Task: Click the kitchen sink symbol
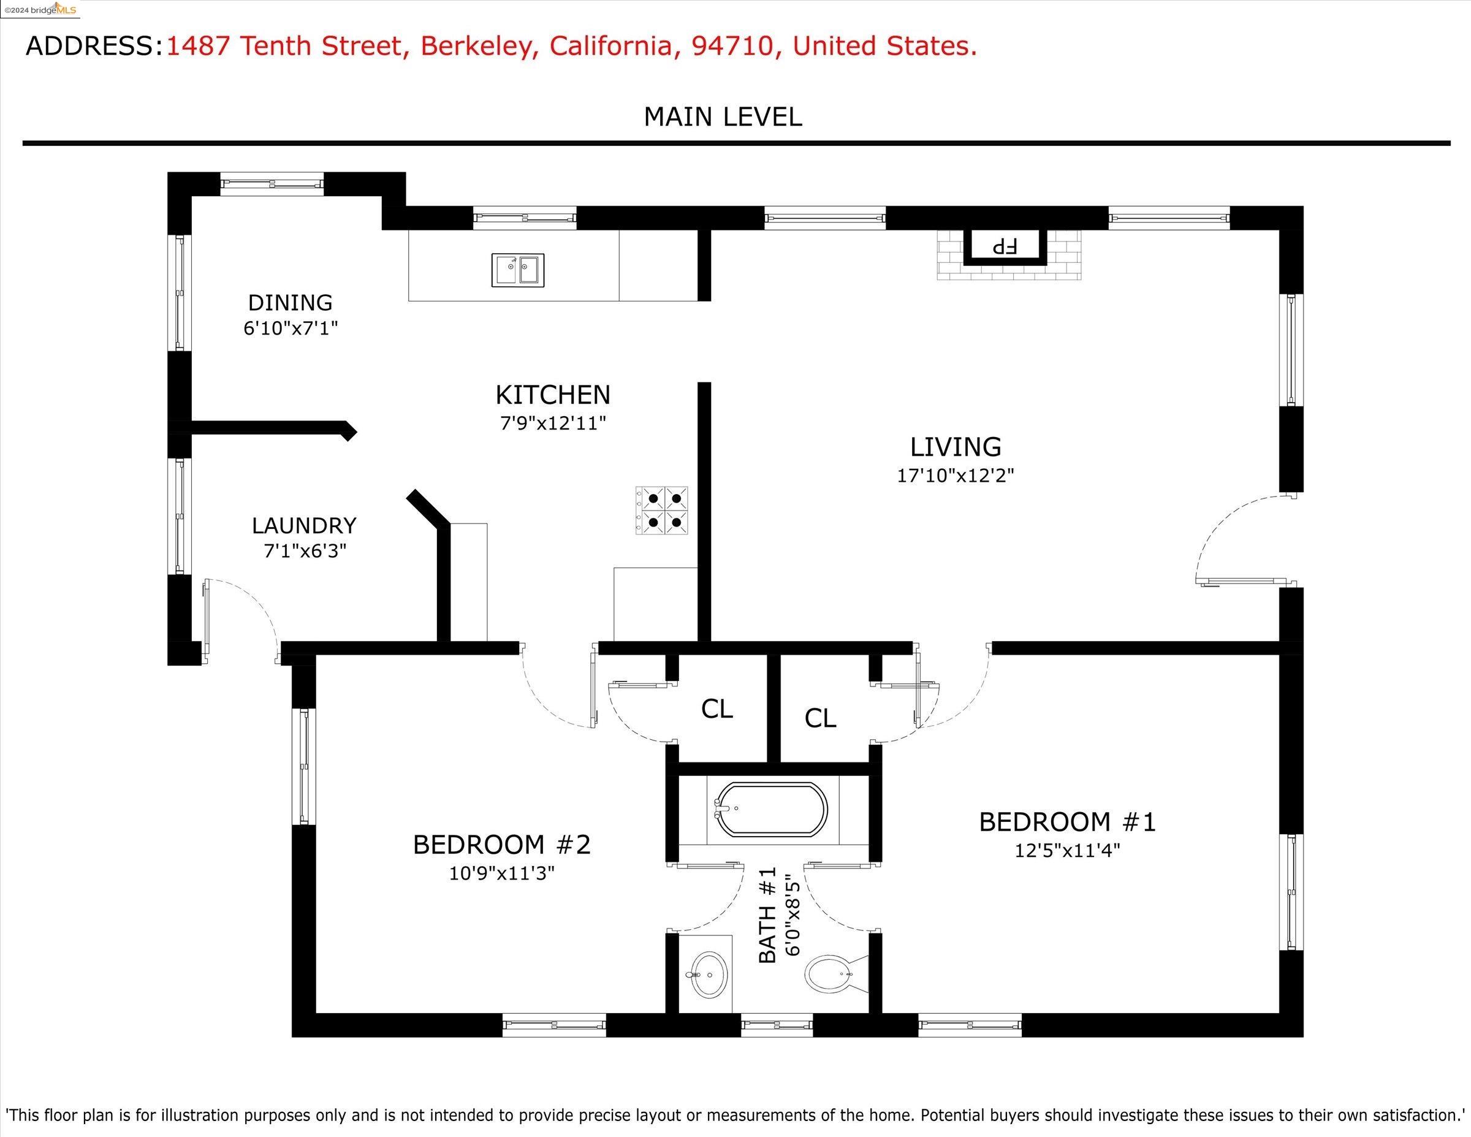coord(517,270)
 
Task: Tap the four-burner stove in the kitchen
coord(661,511)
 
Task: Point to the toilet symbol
coord(835,975)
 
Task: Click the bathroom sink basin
coord(709,973)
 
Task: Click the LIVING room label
coord(955,447)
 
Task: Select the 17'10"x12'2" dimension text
coord(955,476)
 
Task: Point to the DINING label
coord(291,302)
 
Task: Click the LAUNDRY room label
coord(305,525)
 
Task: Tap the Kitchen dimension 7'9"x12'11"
coord(553,423)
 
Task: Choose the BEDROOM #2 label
coord(502,845)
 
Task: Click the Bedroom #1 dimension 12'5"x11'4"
coord(1068,850)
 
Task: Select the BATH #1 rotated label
coord(769,915)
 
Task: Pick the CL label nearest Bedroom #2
coord(716,709)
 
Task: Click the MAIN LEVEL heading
coord(723,117)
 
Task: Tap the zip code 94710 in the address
coord(732,47)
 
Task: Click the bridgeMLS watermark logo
coord(40,9)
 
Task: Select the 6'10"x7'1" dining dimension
coord(291,328)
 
